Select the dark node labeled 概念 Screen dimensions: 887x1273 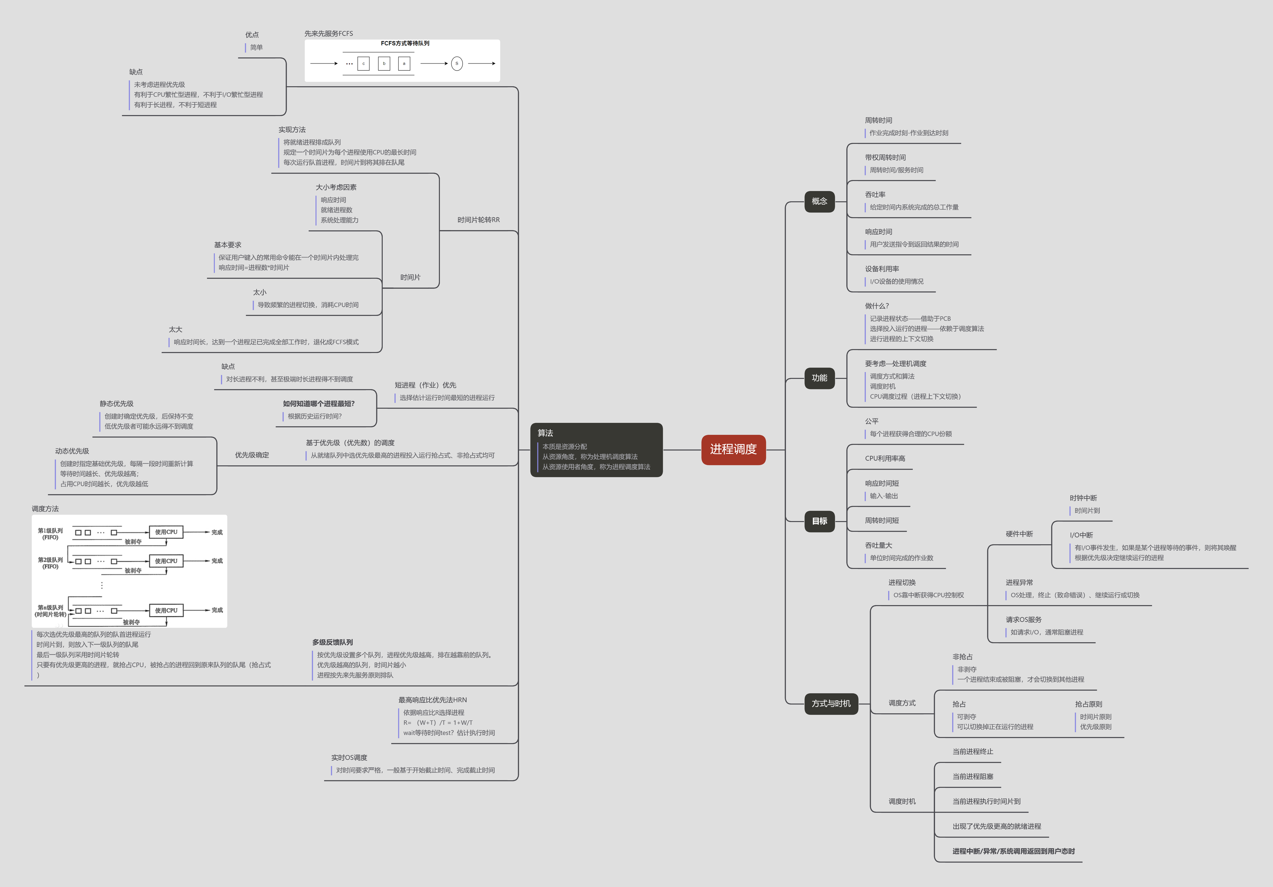click(x=819, y=201)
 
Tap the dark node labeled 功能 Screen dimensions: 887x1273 click(x=819, y=378)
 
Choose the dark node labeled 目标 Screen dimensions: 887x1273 click(x=819, y=521)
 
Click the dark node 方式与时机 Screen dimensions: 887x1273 click(x=831, y=704)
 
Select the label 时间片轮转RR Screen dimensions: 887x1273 click(x=478, y=220)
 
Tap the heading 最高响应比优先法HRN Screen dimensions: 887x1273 click(x=433, y=700)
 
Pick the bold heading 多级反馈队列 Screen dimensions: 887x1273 click(x=332, y=642)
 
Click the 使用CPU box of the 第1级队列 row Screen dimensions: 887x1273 click(x=166, y=532)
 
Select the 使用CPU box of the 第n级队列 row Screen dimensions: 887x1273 click(x=166, y=610)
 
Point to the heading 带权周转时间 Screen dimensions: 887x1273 click(x=885, y=158)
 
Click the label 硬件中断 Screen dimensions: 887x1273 click(x=1019, y=534)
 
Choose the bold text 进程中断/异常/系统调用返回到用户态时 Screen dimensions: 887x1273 click(x=1013, y=852)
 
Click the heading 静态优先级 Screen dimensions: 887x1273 click(x=116, y=404)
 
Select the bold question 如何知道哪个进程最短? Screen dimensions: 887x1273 click(x=318, y=404)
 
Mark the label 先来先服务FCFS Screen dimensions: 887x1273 click(x=328, y=34)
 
